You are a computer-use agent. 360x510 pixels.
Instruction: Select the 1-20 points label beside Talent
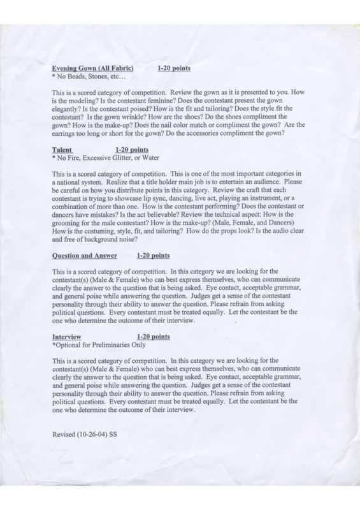point(130,149)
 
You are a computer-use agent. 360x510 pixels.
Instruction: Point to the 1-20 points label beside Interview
point(154,336)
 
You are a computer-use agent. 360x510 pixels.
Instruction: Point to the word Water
point(149,157)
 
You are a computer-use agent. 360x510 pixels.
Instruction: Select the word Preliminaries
point(112,344)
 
